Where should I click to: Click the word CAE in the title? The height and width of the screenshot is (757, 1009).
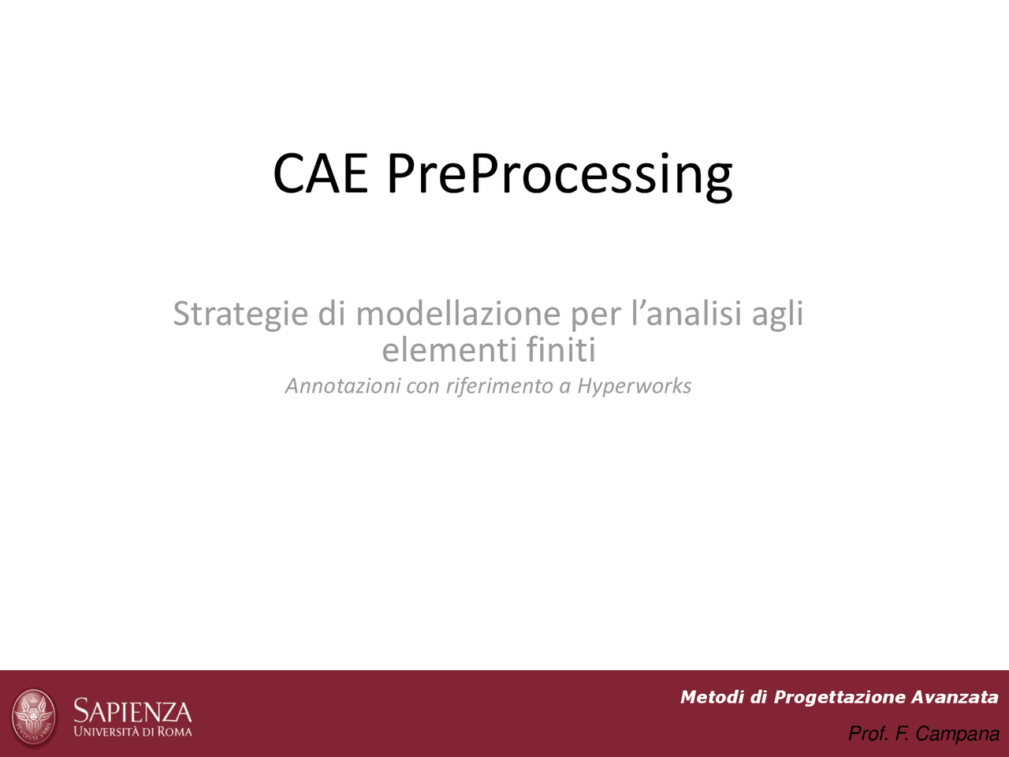click(x=320, y=173)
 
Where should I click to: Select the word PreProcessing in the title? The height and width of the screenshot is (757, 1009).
click(x=559, y=175)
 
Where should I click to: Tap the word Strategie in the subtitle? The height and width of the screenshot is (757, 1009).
click(x=240, y=314)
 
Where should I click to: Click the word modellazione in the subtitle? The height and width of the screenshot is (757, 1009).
click(x=458, y=313)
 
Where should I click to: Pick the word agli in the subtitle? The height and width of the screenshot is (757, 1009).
click(x=777, y=315)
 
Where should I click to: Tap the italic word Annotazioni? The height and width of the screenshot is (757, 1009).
click(x=342, y=386)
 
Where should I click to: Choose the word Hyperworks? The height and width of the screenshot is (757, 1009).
click(x=634, y=386)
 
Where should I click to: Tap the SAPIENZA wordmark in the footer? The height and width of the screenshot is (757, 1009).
click(x=132, y=711)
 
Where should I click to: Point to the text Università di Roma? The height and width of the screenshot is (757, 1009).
click(x=132, y=732)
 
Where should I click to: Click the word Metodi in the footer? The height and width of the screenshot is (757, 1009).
click(x=711, y=697)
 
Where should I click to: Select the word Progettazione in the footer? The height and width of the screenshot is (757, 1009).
click(x=839, y=697)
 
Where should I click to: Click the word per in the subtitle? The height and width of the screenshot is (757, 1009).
click(x=595, y=315)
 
